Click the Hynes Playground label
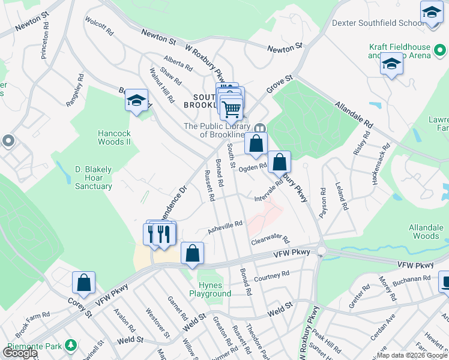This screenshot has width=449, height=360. point(210,289)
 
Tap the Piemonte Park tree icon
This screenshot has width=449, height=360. point(71,346)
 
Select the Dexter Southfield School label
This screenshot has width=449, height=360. point(378,23)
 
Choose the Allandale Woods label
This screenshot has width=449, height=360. point(424,232)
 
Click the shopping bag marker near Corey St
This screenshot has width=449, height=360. point(84,284)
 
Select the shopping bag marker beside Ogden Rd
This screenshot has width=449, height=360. point(279,163)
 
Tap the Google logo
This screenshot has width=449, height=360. point(20,353)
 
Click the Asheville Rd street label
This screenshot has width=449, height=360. point(224,227)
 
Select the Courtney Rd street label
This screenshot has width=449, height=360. point(271,276)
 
